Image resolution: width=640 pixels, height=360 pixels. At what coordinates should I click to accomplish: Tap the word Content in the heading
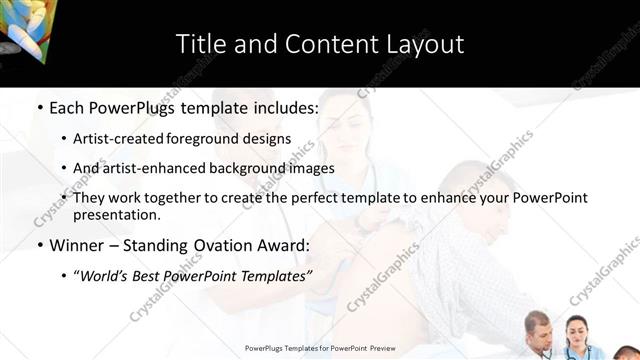[x=322, y=44]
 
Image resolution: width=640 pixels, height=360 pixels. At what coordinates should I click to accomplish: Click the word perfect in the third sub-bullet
[x=286, y=198]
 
